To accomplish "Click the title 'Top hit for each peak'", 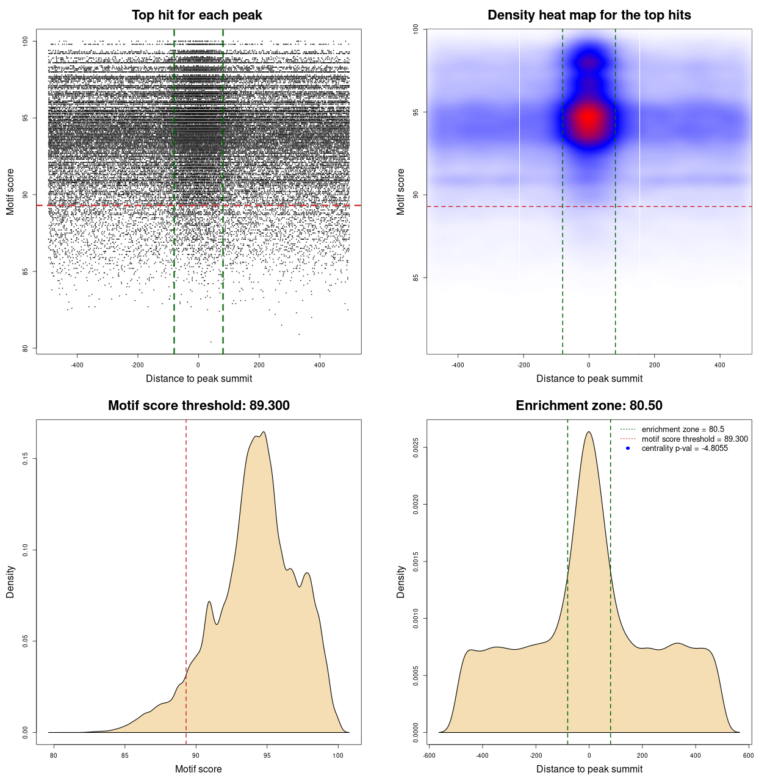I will tap(196, 15).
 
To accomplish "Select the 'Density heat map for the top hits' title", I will tap(589, 15).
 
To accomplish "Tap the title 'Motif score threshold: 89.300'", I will tap(198, 406).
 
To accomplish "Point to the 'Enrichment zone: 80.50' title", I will tap(589, 406).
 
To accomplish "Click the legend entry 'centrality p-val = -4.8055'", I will tap(685, 448).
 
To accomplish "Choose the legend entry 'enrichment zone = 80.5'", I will tap(683, 430).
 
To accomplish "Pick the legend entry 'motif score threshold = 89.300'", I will tap(694, 439).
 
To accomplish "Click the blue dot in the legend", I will tap(628, 448).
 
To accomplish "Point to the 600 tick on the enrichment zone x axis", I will tap(748, 755).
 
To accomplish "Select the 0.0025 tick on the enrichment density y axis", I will tap(416, 448).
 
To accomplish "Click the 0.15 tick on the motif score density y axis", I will tap(25, 458).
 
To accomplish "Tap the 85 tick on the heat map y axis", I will tap(416, 278).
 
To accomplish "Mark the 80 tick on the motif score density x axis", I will tap(54, 755).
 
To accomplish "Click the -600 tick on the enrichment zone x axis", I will tap(429, 755).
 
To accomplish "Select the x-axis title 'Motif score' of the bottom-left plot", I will tap(198, 769).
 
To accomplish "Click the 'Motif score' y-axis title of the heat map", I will tap(401, 192).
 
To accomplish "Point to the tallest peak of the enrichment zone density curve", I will tap(589, 432).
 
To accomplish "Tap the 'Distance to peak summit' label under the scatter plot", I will tap(199, 378).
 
